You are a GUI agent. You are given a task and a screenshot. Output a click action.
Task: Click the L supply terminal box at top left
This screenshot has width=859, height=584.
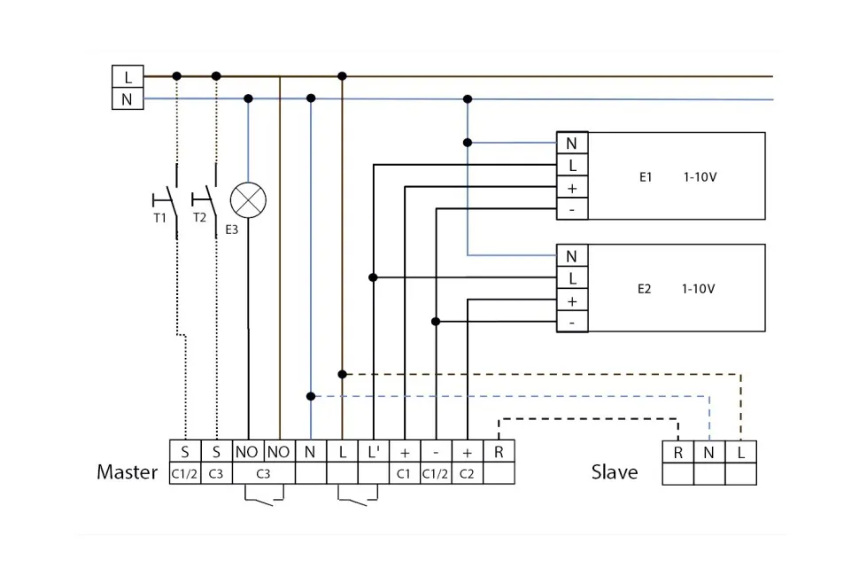pos(128,77)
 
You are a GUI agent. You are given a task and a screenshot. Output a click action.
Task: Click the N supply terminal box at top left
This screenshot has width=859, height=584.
pos(128,98)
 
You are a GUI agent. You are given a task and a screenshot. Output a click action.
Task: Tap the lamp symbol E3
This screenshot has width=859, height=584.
pos(248,199)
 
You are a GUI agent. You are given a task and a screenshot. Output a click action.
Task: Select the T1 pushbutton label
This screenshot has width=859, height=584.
pos(159,216)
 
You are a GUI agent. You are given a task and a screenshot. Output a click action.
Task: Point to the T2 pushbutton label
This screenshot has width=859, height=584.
pos(199,216)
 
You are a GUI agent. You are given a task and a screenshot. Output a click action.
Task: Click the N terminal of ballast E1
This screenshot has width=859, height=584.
pos(571,143)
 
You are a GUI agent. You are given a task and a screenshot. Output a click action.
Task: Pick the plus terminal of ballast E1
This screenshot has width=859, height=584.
pos(571,188)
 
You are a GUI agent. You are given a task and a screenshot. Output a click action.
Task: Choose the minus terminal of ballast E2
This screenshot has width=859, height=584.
pos(571,323)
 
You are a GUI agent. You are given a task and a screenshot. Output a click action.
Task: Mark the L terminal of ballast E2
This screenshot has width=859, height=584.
pos(571,278)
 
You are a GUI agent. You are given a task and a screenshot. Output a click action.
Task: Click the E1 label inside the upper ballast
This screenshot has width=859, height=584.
pos(646,176)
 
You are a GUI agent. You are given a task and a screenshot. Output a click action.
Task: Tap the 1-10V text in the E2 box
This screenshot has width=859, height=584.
pos(699,289)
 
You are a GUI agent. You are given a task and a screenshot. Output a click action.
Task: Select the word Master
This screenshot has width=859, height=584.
pos(127,472)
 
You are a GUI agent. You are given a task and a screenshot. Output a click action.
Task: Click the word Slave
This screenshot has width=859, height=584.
pos(614,472)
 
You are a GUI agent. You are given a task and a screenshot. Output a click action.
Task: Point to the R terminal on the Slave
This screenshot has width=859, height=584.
pos(677,452)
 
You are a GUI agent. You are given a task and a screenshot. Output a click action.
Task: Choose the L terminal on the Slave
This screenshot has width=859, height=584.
pos(741,452)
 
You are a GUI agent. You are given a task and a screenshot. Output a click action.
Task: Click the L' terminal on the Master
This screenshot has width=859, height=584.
pos(374,452)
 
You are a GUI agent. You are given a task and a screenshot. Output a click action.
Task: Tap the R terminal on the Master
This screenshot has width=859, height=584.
pos(499,452)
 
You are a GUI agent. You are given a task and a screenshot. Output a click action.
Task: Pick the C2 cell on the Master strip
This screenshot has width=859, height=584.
pos(467,473)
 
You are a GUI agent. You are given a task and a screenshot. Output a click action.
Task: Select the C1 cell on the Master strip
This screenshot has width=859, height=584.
pos(405,473)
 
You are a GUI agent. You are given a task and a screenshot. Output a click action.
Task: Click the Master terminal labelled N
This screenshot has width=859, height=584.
pos(310,452)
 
